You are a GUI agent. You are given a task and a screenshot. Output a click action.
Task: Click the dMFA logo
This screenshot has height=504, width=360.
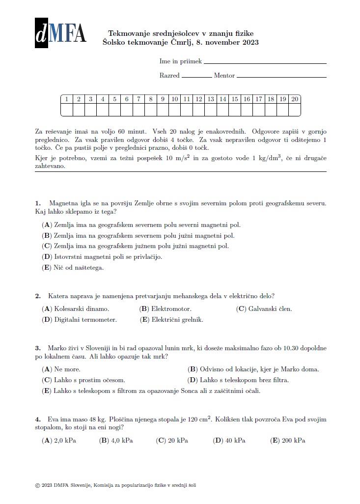tap(60, 33)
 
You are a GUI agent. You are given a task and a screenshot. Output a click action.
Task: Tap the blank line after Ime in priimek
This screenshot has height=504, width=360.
tap(265, 63)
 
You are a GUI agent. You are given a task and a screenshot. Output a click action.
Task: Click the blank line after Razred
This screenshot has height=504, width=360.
tap(196, 77)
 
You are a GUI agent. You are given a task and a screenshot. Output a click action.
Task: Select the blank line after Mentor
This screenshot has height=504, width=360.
tap(281, 77)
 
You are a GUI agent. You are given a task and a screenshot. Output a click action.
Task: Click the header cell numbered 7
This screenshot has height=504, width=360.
tap(138, 99)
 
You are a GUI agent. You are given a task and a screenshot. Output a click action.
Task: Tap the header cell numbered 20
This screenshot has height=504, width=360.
tap(295, 99)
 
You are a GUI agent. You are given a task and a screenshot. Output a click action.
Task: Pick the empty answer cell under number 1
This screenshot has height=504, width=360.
tap(66, 110)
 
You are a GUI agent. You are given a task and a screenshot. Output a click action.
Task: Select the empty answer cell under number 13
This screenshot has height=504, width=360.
tap(211, 110)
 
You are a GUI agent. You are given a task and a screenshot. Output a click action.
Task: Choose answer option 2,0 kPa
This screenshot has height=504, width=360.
tap(59, 441)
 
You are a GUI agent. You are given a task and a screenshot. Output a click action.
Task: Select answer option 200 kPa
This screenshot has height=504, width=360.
tap(288, 441)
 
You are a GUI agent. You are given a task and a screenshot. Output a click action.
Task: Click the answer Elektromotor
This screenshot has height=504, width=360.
tap(166, 309)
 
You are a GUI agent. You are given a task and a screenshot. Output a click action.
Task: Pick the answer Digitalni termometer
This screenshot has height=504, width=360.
tap(80, 320)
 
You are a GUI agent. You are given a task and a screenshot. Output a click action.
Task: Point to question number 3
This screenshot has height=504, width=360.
tap(38, 347)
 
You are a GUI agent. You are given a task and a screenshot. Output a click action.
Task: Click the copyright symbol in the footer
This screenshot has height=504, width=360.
tap(38, 485)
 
